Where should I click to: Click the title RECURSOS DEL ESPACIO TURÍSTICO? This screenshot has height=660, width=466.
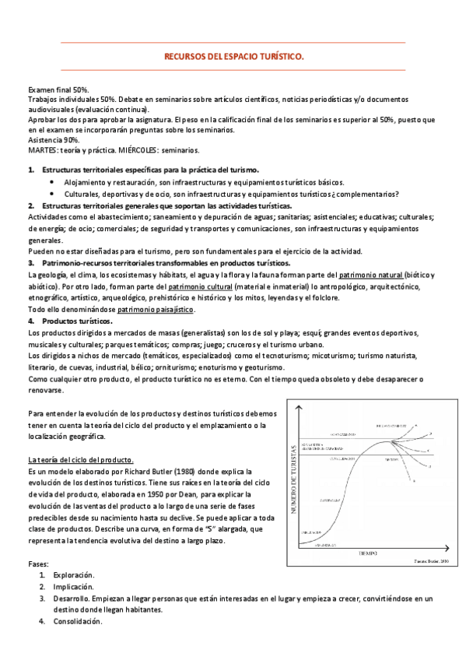(233, 57)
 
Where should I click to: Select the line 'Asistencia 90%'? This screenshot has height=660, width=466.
(54, 139)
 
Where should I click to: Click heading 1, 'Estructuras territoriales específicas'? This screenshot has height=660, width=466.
(150, 169)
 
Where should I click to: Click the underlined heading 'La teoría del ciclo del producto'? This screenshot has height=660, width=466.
(81, 459)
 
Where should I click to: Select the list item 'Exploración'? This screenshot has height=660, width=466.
(73, 574)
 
